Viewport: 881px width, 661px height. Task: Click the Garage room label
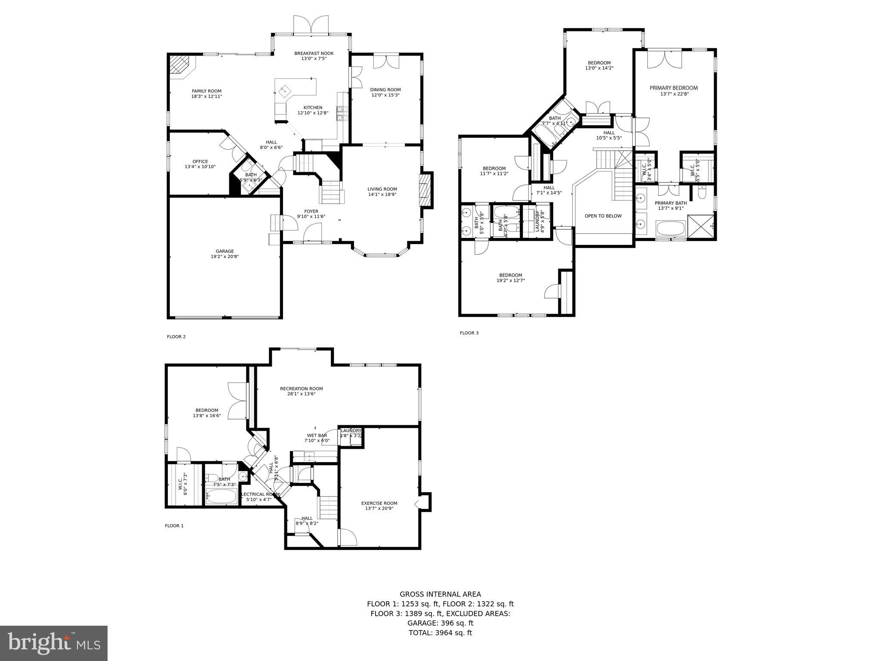coord(225,251)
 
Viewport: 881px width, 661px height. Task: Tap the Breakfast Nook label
coord(314,53)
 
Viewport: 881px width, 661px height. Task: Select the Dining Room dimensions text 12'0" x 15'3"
coord(385,95)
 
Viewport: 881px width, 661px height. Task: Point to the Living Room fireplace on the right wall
coord(426,190)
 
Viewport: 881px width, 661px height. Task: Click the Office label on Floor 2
coord(200,161)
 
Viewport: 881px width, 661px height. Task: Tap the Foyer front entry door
coord(312,235)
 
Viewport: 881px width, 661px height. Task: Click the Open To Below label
coord(603,216)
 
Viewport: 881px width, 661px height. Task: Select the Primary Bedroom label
coord(673,88)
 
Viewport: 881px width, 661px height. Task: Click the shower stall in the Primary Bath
coord(701,226)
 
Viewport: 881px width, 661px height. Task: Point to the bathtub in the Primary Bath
coord(670,228)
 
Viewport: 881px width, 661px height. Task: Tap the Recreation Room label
coord(301,389)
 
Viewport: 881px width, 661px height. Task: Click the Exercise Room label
coord(379,503)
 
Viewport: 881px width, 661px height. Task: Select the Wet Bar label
coord(317,436)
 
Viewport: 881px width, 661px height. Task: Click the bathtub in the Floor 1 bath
coord(222,497)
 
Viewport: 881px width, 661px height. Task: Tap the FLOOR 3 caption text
coord(469,333)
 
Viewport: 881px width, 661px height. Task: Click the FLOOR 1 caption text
coord(174,526)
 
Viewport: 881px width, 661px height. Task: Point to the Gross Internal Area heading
coord(440,594)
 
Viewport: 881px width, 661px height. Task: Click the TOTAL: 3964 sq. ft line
coord(440,633)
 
